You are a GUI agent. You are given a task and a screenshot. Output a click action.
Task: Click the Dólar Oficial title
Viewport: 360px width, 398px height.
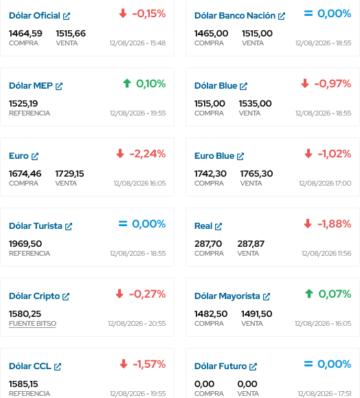pyautogui.click(x=34, y=16)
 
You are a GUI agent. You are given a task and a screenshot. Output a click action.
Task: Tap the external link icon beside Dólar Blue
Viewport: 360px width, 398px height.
pyautogui.click(x=244, y=87)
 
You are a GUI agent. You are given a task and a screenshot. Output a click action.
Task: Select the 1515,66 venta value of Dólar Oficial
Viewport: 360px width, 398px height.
pyautogui.click(x=71, y=34)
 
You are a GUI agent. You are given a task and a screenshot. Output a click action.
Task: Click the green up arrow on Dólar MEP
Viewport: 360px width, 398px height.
pyautogui.click(x=127, y=83)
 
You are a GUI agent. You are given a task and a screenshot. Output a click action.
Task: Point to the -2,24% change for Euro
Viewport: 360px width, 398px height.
pyautogui.click(x=148, y=154)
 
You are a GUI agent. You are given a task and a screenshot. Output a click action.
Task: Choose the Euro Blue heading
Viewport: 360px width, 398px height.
pyautogui.click(x=214, y=156)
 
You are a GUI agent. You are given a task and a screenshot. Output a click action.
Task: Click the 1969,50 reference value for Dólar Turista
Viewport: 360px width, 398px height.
pyautogui.click(x=25, y=244)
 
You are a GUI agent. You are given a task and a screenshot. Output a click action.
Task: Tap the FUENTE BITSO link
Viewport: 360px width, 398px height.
pyautogui.click(x=32, y=324)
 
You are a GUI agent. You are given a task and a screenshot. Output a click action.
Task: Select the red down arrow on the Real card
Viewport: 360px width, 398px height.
pyautogui.click(x=308, y=223)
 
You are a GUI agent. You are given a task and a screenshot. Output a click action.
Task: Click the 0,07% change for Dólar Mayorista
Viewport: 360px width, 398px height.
pyautogui.click(x=335, y=294)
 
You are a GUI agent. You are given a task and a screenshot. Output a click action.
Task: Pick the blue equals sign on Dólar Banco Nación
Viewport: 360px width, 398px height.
pyautogui.click(x=308, y=14)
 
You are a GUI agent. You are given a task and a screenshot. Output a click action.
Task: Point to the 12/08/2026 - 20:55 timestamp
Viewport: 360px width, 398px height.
pyautogui.click(x=137, y=324)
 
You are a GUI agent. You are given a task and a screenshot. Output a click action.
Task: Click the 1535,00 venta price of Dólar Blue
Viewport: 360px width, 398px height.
pyautogui.click(x=255, y=104)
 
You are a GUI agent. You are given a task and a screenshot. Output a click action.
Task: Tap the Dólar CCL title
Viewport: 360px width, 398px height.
pyautogui.click(x=30, y=366)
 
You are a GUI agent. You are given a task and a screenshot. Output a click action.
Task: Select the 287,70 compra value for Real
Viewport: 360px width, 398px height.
pyautogui.click(x=208, y=244)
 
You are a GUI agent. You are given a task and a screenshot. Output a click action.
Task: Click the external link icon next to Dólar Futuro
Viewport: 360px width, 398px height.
pyautogui.click(x=253, y=367)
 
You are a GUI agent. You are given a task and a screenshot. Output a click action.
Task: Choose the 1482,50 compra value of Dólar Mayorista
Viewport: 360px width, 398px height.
pyautogui.click(x=211, y=314)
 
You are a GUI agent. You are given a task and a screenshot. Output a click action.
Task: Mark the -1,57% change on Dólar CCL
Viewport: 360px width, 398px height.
pyautogui.click(x=149, y=364)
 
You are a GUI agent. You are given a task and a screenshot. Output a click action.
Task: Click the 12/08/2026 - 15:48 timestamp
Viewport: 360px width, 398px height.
pyautogui.click(x=138, y=43)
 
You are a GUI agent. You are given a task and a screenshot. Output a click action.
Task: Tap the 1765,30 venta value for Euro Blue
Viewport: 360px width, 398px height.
pyautogui.click(x=256, y=174)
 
